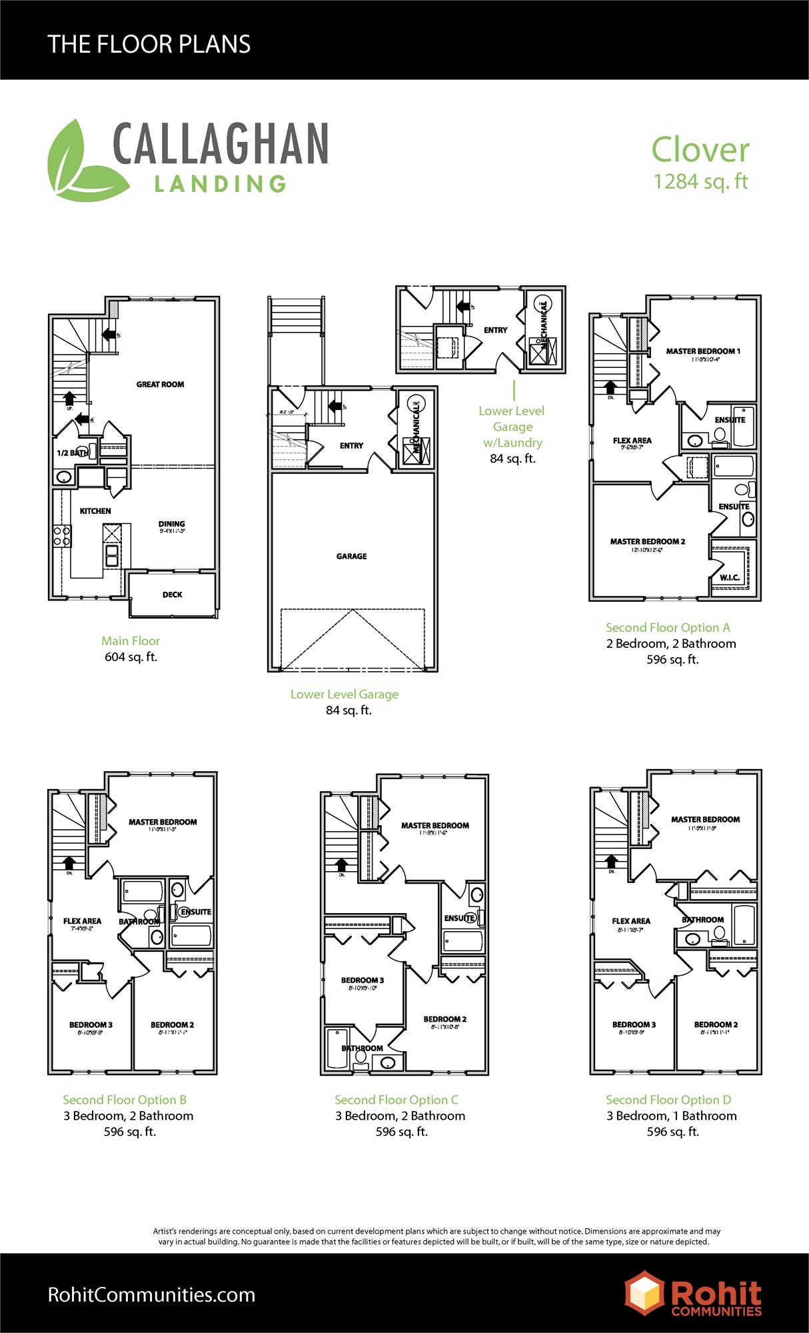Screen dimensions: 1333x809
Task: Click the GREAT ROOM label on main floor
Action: pyautogui.click(x=160, y=385)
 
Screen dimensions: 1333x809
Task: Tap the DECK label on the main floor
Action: pyautogui.click(x=172, y=595)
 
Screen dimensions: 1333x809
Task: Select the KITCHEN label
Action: pyautogui.click(x=95, y=511)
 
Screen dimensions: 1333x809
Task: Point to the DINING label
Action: pyautogui.click(x=171, y=525)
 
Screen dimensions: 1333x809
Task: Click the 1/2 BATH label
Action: pyautogui.click(x=72, y=453)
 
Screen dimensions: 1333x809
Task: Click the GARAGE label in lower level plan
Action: pyautogui.click(x=351, y=557)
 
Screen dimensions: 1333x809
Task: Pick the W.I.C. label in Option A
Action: pyautogui.click(x=729, y=578)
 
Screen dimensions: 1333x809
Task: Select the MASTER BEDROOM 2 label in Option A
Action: pyautogui.click(x=647, y=542)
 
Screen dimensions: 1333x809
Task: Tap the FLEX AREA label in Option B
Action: pyautogui.click(x=82, y=921)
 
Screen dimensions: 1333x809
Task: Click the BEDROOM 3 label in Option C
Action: pyautogui.click(x=363, y=980)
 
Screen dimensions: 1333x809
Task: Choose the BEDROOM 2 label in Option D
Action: pyautogui.click(x=716, y=1025)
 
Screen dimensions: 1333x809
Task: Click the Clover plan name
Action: pyautogui.click(x=700, y=150)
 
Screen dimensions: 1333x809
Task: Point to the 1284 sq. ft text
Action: pyautogui.click(x=700, y=182)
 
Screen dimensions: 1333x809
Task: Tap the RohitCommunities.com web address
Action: pyautogui.click(x=152, y=1294)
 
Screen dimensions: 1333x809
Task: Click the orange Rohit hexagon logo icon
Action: pyautogui.click(x=644, y=1292)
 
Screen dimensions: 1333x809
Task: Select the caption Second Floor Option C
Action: pyautogui.click(x=397, y=1100)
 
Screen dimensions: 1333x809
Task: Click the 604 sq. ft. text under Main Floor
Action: pyautogui.click(x=131, y=657)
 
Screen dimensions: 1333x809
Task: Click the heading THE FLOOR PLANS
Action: pyautogui.click(x=149, y=45)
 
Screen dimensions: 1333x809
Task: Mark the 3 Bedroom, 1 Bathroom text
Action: pyautogui.click(x=671, y=1116)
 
